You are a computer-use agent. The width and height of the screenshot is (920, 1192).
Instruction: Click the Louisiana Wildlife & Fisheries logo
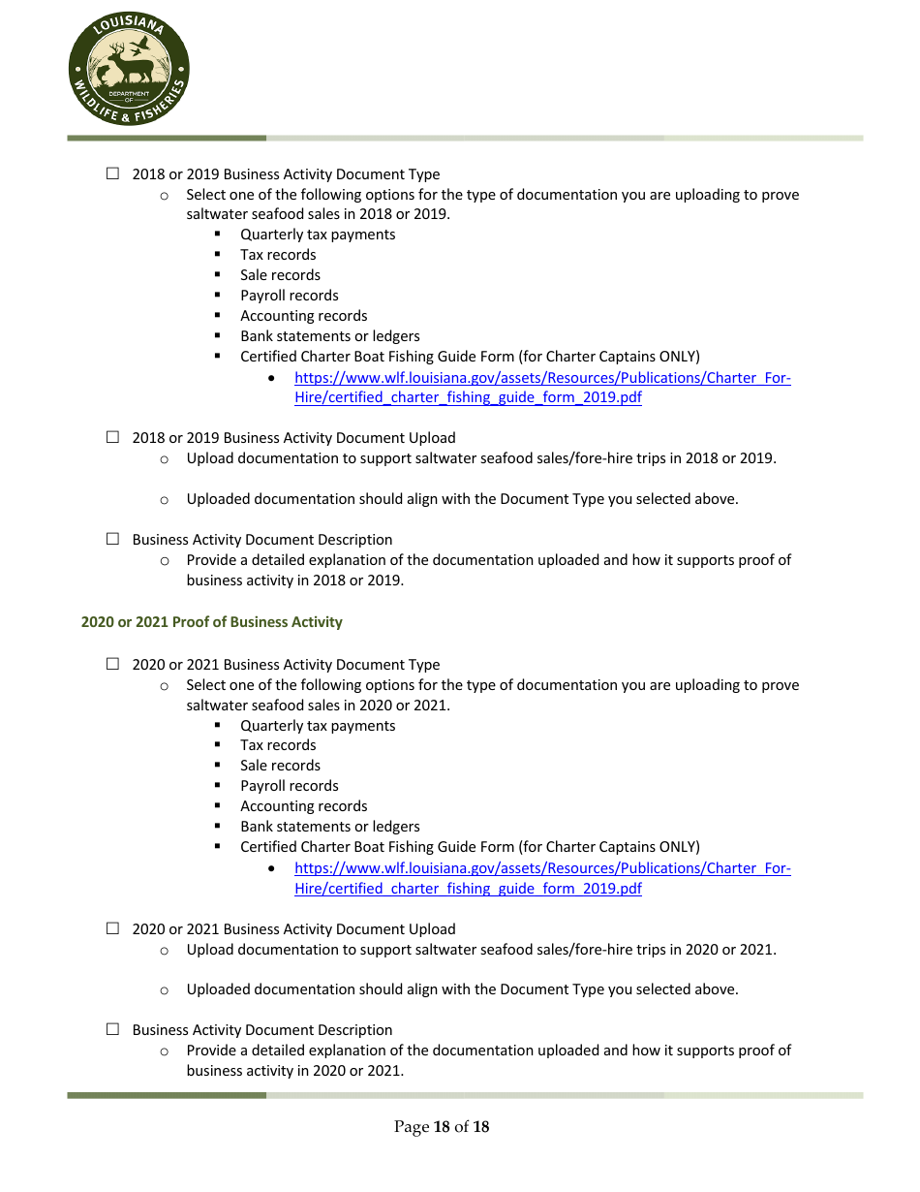point(129,71)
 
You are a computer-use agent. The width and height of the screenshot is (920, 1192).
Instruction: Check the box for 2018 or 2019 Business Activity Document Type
point(112,173)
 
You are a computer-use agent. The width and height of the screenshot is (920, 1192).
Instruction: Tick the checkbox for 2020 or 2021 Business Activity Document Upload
point(112,927)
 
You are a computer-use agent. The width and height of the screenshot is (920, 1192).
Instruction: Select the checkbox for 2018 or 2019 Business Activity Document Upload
point(112,437)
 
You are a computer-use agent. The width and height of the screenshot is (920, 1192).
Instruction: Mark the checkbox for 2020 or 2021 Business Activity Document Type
point(112,664)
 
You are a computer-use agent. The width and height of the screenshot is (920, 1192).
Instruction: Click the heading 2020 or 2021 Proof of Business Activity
point(211,622)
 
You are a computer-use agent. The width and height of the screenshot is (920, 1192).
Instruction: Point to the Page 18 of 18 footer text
point(441,1127)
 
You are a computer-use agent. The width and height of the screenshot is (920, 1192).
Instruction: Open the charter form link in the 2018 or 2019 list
point(541,388)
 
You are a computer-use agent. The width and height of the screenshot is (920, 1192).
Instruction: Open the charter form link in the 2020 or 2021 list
point(541,878)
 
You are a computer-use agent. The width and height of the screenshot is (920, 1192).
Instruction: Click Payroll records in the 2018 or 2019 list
point(289,296)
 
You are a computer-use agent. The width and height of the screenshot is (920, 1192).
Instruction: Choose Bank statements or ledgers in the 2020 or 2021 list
point(329,827)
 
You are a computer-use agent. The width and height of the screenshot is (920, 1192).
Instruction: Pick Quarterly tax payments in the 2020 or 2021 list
point(318,726)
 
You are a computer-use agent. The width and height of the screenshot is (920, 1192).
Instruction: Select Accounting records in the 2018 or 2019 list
point(303,316)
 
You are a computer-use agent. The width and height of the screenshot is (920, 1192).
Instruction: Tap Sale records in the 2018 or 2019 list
point(280,275)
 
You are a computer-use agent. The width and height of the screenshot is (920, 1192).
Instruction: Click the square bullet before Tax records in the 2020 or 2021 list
point(219,745)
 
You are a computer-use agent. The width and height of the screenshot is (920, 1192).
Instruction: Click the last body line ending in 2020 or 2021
point(294,1071)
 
